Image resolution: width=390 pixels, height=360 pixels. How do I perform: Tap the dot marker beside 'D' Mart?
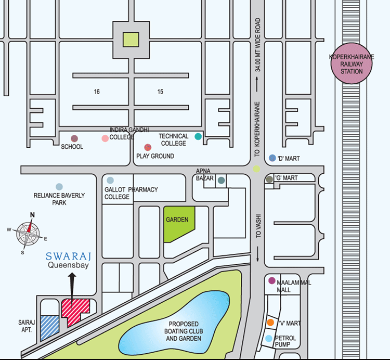pos(272,158)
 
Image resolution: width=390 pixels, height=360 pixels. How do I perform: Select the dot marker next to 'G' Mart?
pos(269,179)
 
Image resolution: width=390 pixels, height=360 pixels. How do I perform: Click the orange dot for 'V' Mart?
pos(270,323)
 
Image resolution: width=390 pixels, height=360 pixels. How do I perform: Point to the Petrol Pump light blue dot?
pos(268,339)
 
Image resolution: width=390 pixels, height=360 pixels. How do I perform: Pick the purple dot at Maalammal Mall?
pos(271,281)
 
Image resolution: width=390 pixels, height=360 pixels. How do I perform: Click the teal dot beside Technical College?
pos(198,136)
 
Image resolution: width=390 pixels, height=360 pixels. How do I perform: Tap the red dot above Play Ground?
pos(148,147)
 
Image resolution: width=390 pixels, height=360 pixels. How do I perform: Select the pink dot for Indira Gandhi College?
pos(105,138)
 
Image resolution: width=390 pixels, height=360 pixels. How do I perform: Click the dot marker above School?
pos(74,138)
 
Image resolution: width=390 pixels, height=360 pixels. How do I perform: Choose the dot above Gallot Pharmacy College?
pos(110,180)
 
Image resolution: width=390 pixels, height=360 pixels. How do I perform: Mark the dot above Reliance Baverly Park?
pos(59,186)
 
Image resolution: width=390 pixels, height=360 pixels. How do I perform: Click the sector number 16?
pos(97,92)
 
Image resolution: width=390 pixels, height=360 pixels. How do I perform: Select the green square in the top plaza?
pos(130,40)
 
